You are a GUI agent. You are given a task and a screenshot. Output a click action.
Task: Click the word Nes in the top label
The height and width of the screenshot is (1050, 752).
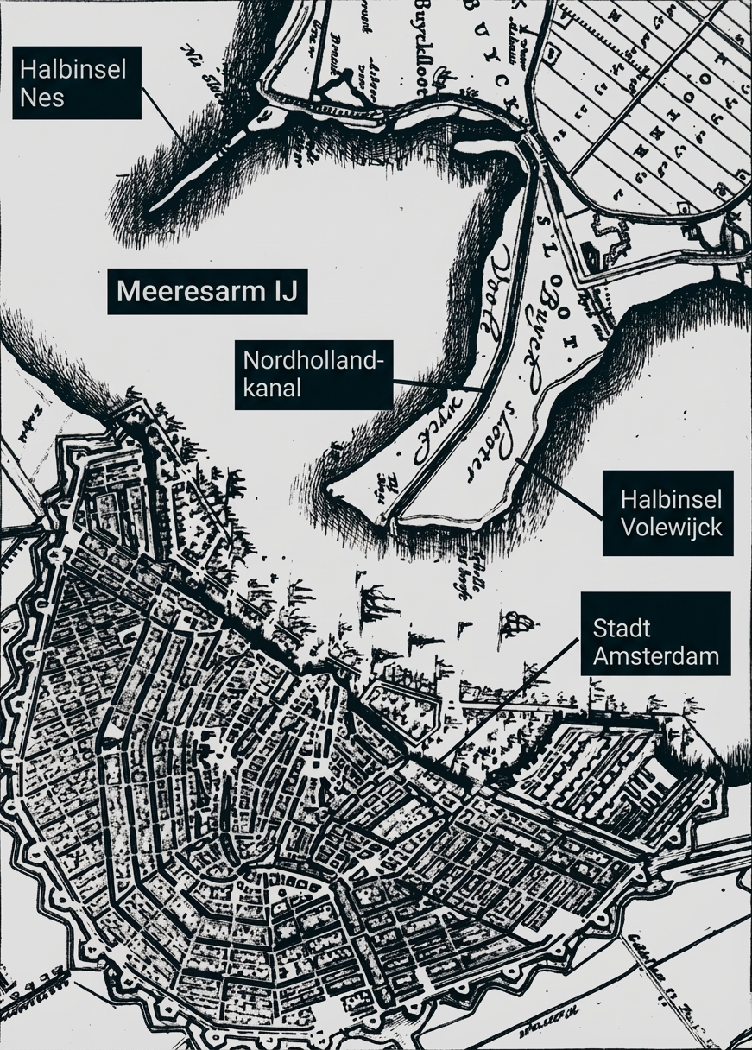[x=43, y=97]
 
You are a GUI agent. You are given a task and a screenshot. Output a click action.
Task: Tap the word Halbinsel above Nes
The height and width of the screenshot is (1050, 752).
[x=73, y=69]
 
